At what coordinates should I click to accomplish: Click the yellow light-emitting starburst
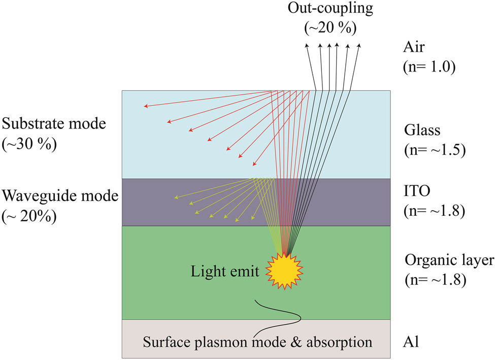[284, 271]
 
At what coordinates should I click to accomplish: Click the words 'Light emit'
[225, 271]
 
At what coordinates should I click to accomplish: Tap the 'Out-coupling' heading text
[330, 9]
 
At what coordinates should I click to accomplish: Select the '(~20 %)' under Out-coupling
[330, 28]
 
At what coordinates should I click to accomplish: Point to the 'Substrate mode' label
[54, 123]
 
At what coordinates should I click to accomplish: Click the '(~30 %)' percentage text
[29, 144]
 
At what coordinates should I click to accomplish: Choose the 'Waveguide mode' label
[60, 196]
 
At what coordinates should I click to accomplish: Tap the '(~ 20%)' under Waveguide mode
[29, 217]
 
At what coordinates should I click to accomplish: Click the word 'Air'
[414, 47]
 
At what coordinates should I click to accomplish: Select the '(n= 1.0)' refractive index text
[430, 67]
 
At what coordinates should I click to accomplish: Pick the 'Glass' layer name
[422, 130]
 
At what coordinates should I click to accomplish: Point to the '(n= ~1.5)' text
[435, 150]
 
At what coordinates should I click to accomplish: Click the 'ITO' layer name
[417, 191]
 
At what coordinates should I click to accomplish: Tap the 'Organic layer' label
[449, 260]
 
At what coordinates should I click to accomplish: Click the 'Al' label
[411, 342]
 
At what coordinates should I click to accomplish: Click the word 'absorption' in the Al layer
[339, 343]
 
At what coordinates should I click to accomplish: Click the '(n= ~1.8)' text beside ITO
[435, 211]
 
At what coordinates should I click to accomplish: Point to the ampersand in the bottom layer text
[296, 342]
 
